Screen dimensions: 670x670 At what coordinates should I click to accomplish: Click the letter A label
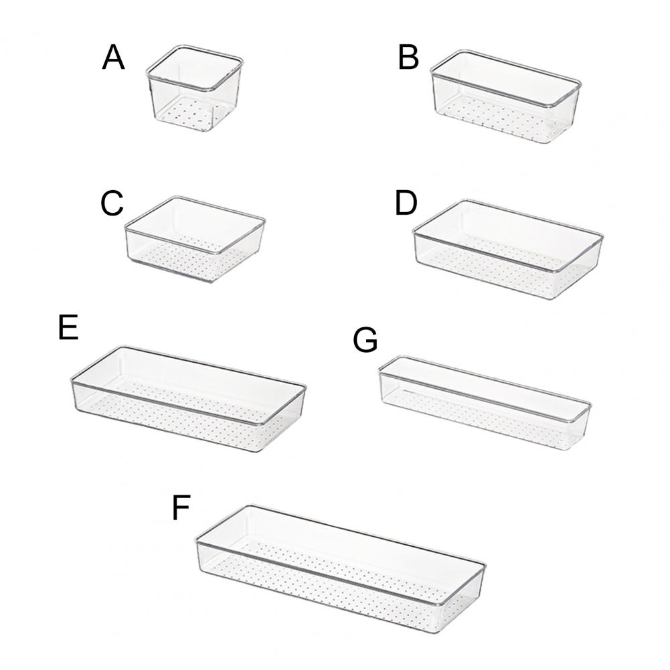tap(113, 58)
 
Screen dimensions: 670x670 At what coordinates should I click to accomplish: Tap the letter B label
tap(408, 58)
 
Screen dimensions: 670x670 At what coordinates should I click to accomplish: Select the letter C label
tap(112, 203)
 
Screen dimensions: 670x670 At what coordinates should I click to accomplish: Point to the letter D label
tap(406, 203)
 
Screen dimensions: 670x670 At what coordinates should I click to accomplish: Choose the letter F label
tap(181, 507)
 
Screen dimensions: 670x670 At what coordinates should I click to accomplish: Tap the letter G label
tap(365, 340)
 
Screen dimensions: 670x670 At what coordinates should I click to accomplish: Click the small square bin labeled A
tap(195, 90)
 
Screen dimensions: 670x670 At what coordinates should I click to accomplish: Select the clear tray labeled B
tap(506, 96)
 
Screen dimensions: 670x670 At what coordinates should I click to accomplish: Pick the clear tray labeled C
tap(195, 240)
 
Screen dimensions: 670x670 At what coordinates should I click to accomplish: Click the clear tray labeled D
tap(507, 249)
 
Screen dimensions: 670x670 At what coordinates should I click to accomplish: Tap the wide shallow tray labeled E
tap(189, 399)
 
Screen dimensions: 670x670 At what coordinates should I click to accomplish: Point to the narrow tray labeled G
tap(485, 402)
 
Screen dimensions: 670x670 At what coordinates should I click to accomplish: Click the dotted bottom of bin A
tap(191, 114)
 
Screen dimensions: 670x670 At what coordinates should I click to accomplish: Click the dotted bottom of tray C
tap(192, 256)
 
